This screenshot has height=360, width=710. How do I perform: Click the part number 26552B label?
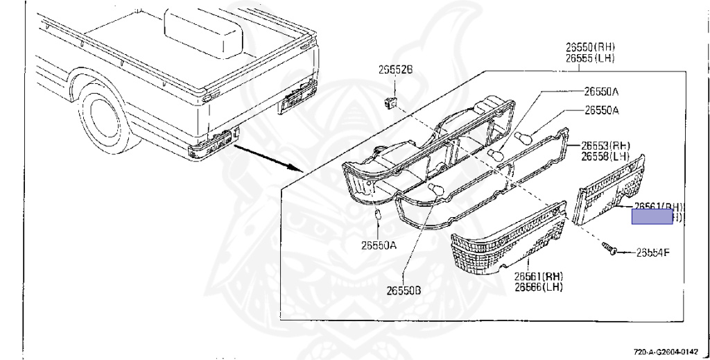coord(395,69)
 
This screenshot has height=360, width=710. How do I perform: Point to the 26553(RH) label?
coord(605,146)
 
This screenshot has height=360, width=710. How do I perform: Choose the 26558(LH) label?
coord(605,157)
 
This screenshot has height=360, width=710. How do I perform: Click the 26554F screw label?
coord(652,252)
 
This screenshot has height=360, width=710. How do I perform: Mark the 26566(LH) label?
coord(539,286)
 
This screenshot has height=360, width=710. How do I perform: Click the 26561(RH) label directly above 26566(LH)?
coord(539,276)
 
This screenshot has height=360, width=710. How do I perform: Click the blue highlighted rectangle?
coord(652,218)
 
